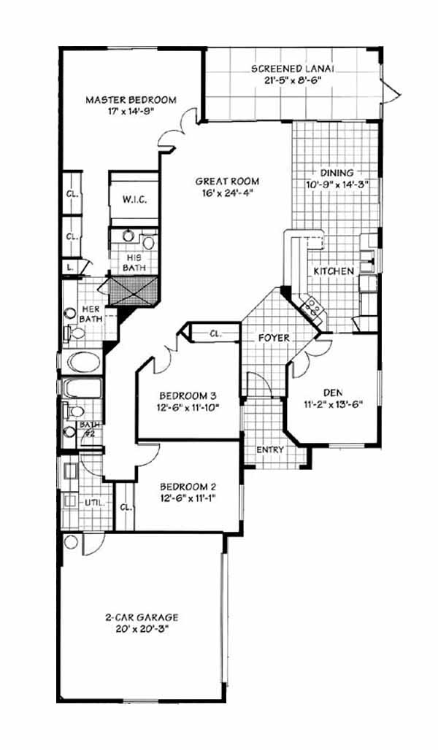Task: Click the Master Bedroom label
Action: click(x=131, y=100)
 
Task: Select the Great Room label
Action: click(x=227, y=181)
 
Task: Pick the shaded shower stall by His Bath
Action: click(x=134, y=290)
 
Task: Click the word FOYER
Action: click(x=274, y=339)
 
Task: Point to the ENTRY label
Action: click(x=270, y=449)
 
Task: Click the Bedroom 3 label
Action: click(x=188, y=395)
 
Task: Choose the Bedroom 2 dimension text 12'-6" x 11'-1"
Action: click(x=188, y=498)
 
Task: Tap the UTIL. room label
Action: click(x=92, y=503)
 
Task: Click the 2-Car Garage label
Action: click(x=142, y=617)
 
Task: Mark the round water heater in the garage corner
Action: click(x=71, y=542)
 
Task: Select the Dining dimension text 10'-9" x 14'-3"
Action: click(x=337, y=184)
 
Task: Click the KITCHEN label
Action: click(x=334, y=271)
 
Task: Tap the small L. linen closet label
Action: click(x=71, y=267)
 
